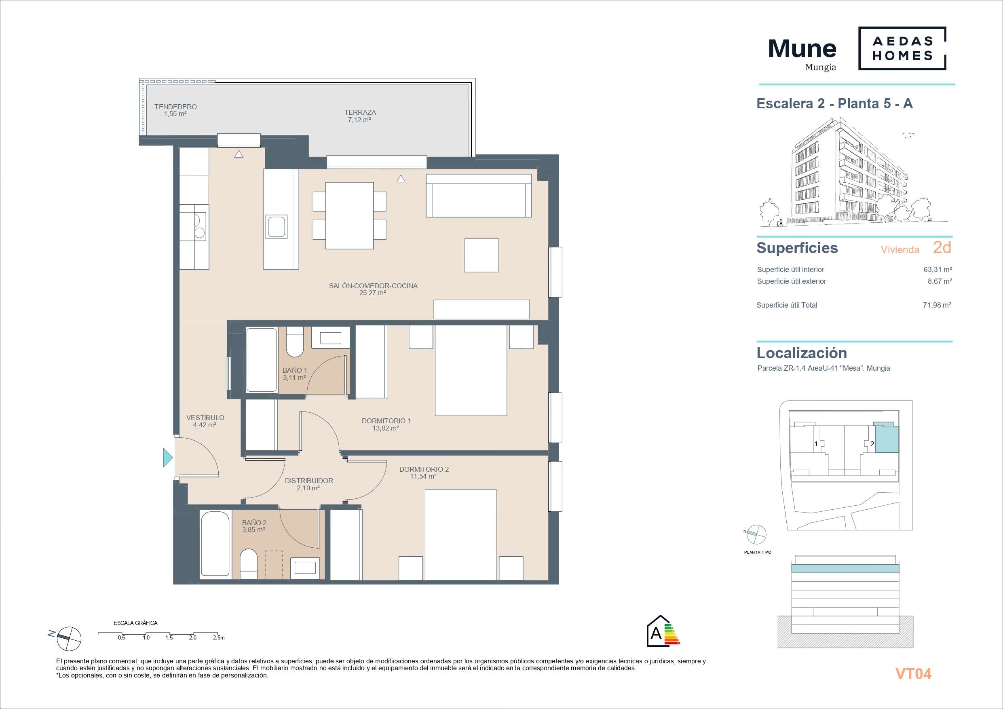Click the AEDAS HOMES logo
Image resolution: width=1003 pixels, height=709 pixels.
(902, 48)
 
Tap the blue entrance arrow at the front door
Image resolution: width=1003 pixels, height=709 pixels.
(168, 458)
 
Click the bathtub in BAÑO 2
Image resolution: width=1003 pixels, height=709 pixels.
(215, 544)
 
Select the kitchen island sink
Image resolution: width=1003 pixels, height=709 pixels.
(277, 226)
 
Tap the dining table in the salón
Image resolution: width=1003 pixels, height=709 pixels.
(349, 215)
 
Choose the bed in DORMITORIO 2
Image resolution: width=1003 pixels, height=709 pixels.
(461, 535)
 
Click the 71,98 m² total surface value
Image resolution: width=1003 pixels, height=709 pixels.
(937, 305)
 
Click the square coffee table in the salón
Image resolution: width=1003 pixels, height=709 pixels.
(481, 255)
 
